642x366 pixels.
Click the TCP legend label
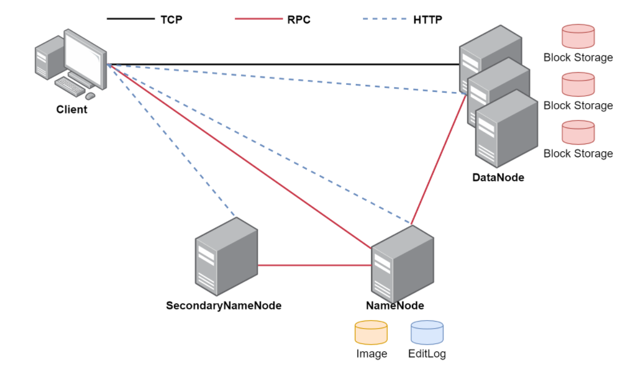point(171,20)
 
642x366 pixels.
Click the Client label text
point(71,110)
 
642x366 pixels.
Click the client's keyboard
point(70,87)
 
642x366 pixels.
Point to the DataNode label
point(498,178)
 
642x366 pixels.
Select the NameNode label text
point(395,306)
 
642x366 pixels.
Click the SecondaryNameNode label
point(223,306)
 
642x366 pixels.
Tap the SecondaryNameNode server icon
point(226,256)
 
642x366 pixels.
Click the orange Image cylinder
point(371,333)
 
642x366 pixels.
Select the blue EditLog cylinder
point(427,333)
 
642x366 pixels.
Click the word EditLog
point(427,354)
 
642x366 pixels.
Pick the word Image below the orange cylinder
point(371,354)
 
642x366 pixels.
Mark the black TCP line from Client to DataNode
point(281,64)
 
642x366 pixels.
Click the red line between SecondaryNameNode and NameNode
point(314,265)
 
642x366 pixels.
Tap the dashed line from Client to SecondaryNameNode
point(171,140)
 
